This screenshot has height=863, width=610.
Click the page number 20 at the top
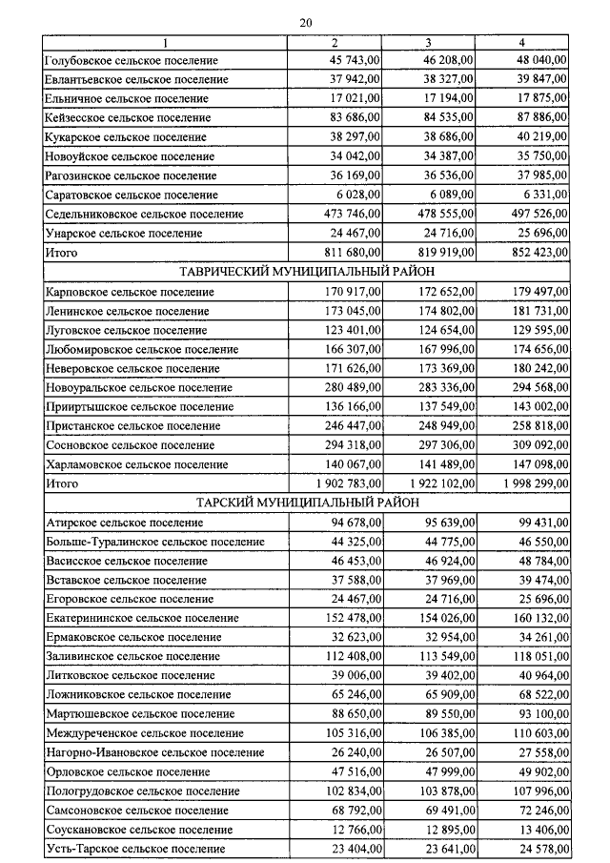coord(305,22)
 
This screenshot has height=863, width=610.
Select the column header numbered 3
coord(429,43)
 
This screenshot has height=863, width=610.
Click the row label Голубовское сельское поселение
coord(132,60)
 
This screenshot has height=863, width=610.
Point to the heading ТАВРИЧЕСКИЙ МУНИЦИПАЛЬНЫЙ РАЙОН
coord(307,272)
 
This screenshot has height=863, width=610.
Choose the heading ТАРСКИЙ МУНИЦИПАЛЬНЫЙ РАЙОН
coord(307,503)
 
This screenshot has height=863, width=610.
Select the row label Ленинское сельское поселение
coord(127,311)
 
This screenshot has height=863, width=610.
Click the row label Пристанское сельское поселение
coord(132,426)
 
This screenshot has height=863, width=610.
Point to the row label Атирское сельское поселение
coord(124,523)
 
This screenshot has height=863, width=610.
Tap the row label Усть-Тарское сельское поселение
coord(135,848)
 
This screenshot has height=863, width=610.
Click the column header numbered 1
coord(165,43)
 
